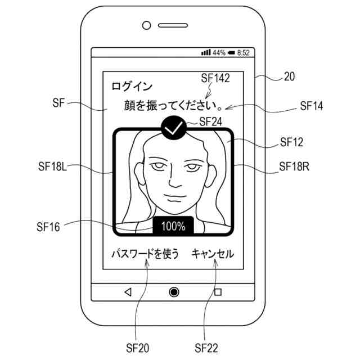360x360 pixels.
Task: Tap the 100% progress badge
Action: pyautogui.click(x=173, y=226)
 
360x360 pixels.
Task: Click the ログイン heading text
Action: pyautogui.click(x=132, y=87)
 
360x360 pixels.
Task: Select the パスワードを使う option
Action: pyautogui.click(x=145, y=254)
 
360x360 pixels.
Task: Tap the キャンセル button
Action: pyautogui.click(x=213, y=254)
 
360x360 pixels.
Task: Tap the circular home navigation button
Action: pyautogui.click(x=174, y=291)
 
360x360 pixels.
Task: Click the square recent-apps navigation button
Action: pyautogui.click(x=218, y=291)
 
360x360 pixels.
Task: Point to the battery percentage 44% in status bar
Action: pyautogui.click(x=219, y=53)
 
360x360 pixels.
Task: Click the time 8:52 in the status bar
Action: pyautogui.click(x=243, y=53)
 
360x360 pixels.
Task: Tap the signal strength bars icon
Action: pyautogui.click(x=206, y=53)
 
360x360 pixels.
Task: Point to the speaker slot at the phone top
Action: pyautogui.click(x=172, y=25)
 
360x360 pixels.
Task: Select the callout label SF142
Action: pyautogui.click(x=215, y=79)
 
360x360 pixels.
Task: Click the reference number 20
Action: pyautogui.click(x=289, y=78)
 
